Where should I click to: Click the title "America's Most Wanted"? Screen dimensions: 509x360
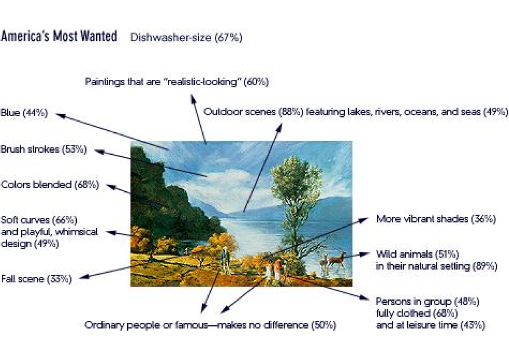(x=59, y=36)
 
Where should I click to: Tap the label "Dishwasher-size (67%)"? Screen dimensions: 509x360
(x=186, y=37)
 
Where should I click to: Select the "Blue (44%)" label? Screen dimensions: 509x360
(x=24, y=113)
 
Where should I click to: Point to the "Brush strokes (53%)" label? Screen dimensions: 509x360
(x=44, y=149)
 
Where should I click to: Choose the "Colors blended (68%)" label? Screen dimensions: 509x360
(x=50, y=184)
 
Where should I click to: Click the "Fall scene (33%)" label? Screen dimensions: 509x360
(x=36, y=279)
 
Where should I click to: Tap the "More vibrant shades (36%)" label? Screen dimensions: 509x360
(x=436, y=219)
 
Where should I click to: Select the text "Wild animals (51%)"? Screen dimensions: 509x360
(x=418, y=254)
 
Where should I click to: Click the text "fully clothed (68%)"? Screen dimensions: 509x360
(x=417, y=313)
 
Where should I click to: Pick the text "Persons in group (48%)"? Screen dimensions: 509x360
(x=428, y=301)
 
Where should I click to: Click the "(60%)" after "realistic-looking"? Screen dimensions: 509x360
(x=256, y=82)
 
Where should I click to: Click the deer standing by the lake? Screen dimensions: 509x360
(x=337, y=260)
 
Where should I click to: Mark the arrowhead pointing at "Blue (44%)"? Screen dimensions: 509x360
(x=61, y=116)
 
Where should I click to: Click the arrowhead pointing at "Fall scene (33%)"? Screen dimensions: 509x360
(x=84, y=277)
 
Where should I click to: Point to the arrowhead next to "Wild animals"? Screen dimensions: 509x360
(x=364, y=254)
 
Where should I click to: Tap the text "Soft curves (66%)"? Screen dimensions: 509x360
(x=39, y=220)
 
